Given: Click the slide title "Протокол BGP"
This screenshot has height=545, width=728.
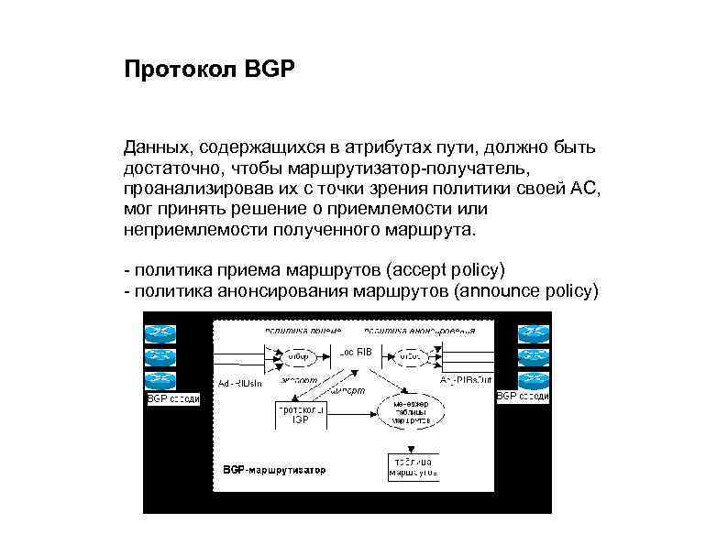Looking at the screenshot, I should (210, 70).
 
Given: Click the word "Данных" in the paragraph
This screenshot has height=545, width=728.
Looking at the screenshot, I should (156, 147).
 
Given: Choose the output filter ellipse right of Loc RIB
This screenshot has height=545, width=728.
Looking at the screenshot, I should (410, 356).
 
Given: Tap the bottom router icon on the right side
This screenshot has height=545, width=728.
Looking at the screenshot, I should (533, 378).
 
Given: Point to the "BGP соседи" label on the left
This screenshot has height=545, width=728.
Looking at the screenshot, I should (172, 398).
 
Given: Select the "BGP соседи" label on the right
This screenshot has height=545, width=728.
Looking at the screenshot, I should (523, 397).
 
